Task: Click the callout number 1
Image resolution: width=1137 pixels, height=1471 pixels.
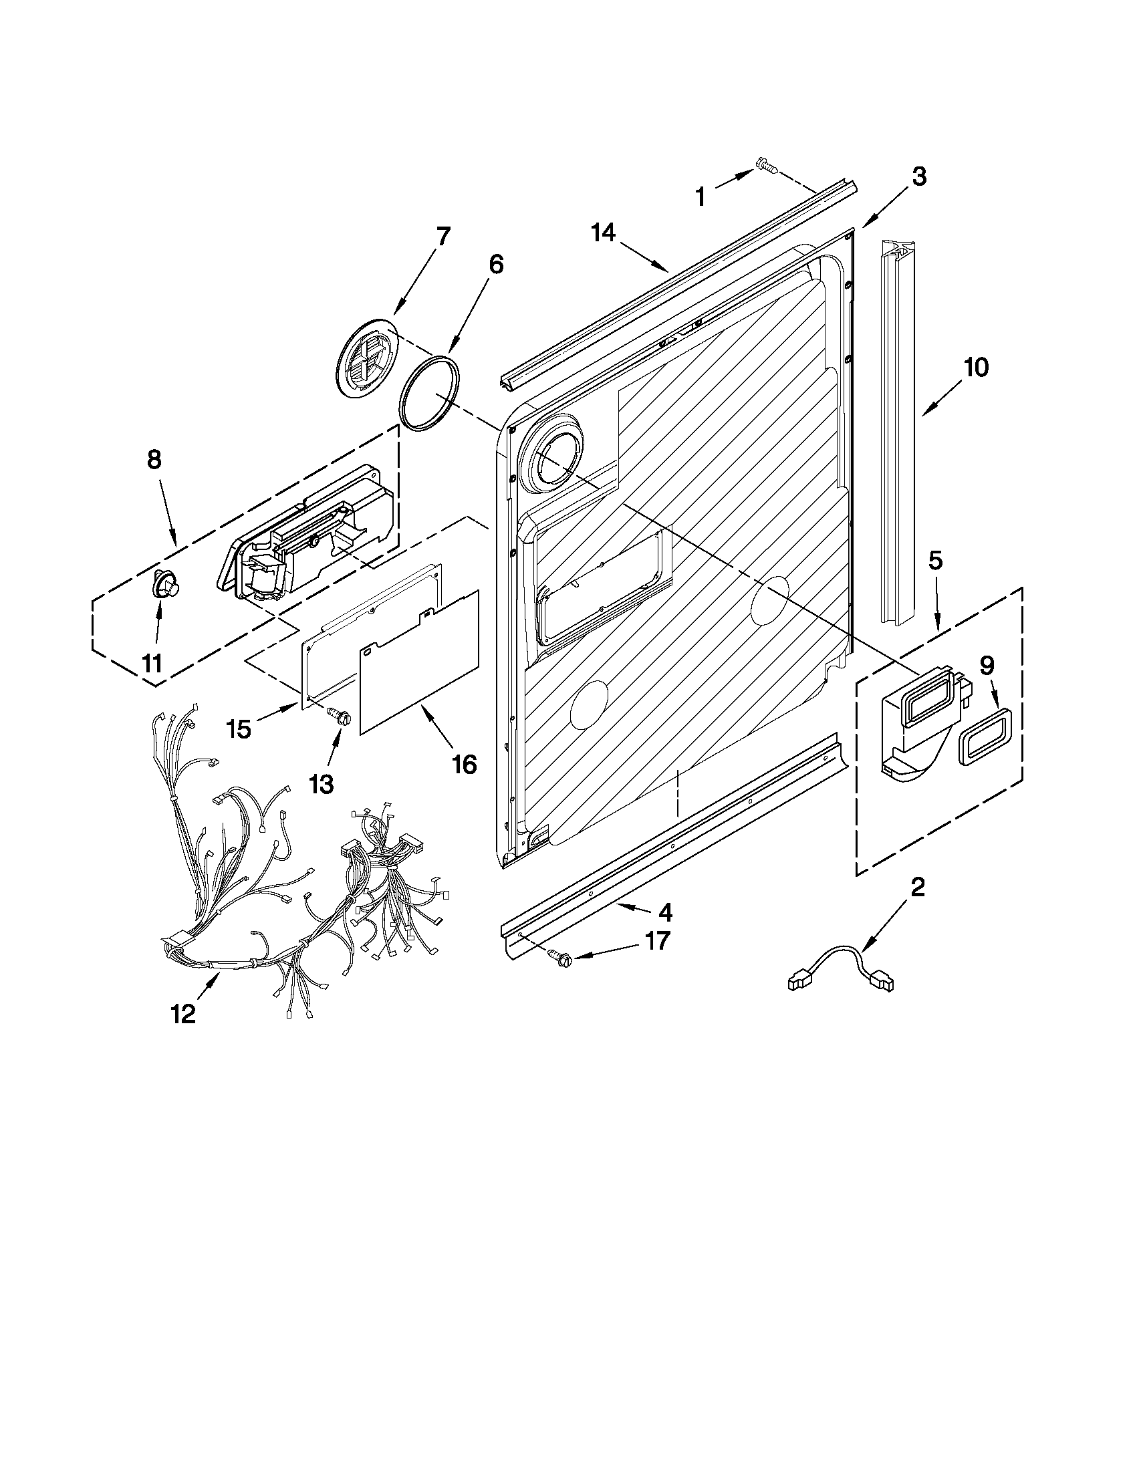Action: [701, 197]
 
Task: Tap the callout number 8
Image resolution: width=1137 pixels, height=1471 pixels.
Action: [154, 459]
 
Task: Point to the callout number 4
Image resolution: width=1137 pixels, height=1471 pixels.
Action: [665, 912]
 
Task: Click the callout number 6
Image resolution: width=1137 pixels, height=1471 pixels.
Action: [495, 264]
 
